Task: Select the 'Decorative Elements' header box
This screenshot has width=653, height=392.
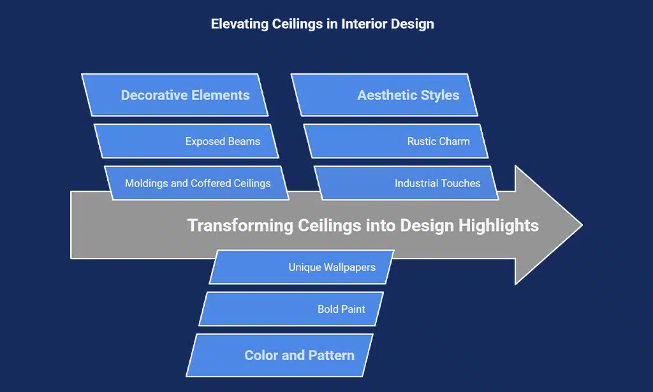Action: click(x=175, y=95)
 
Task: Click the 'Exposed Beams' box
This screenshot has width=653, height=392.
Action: click(x=186, y=141)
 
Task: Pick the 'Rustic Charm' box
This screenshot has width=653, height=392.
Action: click(x=396, y=141)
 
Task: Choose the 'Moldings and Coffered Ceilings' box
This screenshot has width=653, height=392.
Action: click(x=197, y=183)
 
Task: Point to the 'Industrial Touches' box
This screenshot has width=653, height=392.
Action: click(x=406, y=183)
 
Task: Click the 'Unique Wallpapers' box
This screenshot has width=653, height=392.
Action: click(x=302, y=267)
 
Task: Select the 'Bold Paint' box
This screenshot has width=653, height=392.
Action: click(x=291, y=309)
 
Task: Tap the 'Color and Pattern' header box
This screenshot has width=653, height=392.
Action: click(x=280, y=356)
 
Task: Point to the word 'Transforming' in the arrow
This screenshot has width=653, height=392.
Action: click(x=240, y=225)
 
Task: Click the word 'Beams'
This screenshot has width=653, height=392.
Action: click(x=244, y=141)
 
